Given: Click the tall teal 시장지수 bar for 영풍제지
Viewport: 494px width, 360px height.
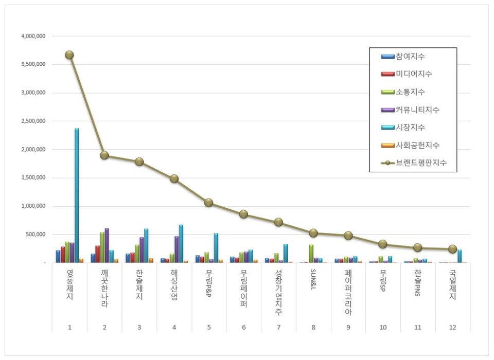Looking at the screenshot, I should point(77,195).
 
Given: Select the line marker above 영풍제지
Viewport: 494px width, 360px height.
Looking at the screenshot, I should point(69,55).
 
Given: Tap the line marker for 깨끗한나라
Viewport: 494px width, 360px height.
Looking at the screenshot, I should point(104,155).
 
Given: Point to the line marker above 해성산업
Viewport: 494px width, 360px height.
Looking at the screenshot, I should point(174,178).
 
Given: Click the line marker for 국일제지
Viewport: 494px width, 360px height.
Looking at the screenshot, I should point(452,249).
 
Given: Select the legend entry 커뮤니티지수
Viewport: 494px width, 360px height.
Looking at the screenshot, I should point(417,110).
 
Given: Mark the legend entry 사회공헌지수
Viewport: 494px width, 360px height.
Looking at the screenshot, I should point(417,146).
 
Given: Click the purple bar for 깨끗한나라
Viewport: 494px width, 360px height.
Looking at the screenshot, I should point(107,245).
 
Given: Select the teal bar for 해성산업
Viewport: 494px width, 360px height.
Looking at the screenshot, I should point(181,244).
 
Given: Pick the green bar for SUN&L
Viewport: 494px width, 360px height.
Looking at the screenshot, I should point(311,254).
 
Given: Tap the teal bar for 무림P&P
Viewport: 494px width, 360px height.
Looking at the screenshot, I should point(216,248).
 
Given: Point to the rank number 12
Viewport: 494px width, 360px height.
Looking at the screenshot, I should point(452,327).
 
